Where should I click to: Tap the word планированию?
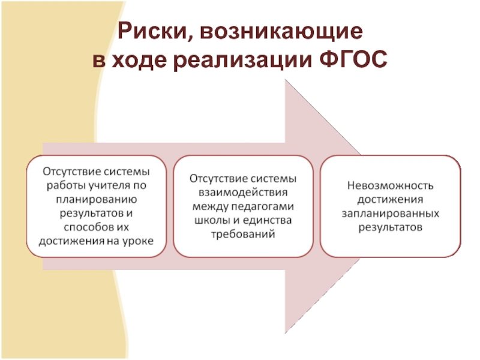pos(95,199)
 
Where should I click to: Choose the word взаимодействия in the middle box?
pos(243,193)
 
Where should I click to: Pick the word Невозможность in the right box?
pos(390,186)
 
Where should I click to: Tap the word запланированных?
pos(390,214)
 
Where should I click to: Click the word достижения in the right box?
pos(390,200)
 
